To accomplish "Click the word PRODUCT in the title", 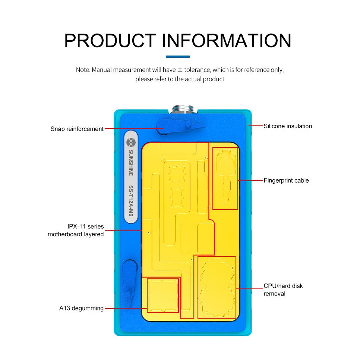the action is coord(110,41).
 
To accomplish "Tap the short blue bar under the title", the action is coord(177,57).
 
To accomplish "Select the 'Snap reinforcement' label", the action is coord(77,129).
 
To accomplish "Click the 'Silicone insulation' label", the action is coord(288,126).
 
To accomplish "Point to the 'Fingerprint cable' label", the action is coord(286,180).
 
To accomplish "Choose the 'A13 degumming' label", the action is coord(81,308).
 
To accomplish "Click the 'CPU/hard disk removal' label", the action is coord(283,290).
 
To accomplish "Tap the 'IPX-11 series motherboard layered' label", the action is coord(76,230).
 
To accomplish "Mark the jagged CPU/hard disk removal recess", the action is coord(217,287).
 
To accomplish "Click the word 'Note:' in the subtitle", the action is coord(83,70).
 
